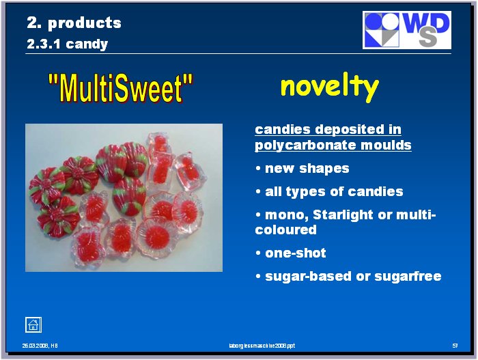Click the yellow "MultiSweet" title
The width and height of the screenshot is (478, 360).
121,88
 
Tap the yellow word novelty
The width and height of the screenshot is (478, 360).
330,87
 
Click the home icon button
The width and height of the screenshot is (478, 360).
33,324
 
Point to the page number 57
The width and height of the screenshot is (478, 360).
455,346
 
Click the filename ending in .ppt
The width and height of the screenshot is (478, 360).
262,346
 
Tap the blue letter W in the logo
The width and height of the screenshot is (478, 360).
417,24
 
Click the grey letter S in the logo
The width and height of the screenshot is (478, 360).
427,37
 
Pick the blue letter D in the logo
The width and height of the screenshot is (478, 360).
440,23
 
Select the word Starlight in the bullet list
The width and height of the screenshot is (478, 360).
343,214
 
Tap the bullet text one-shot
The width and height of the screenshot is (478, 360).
296,253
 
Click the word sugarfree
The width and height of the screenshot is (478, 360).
408,276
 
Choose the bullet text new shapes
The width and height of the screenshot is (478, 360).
307,169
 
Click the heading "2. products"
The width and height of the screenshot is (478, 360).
74,23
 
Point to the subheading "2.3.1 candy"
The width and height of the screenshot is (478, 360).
68,44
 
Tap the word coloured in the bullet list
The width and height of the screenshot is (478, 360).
285,230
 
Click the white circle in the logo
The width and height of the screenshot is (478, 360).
391,21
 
